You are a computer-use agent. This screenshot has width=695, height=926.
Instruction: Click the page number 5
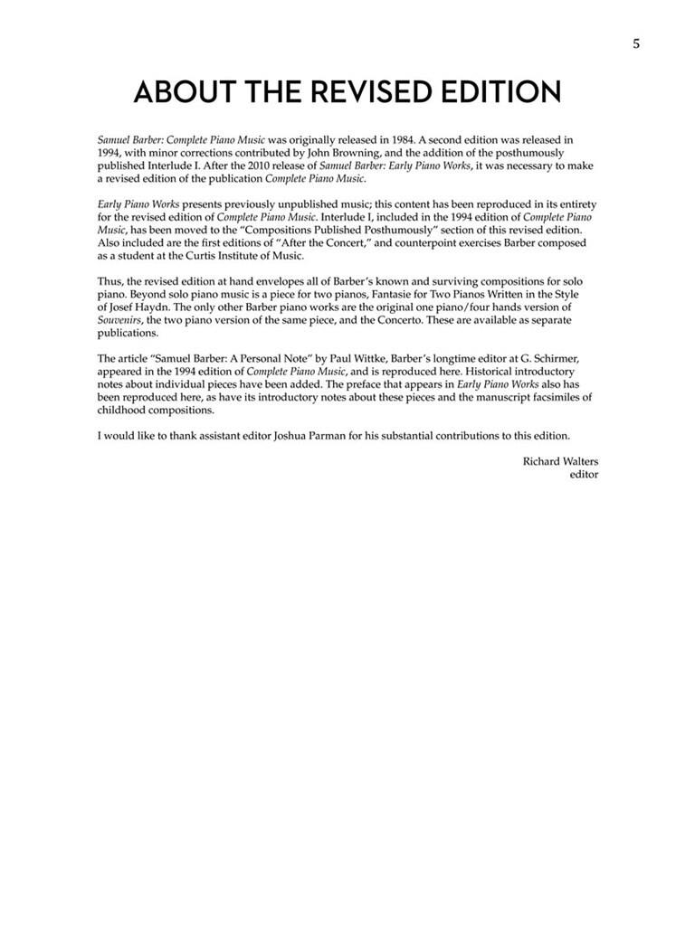coord(636,43)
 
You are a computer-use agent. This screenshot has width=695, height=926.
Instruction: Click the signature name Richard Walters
coord(560,461)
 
